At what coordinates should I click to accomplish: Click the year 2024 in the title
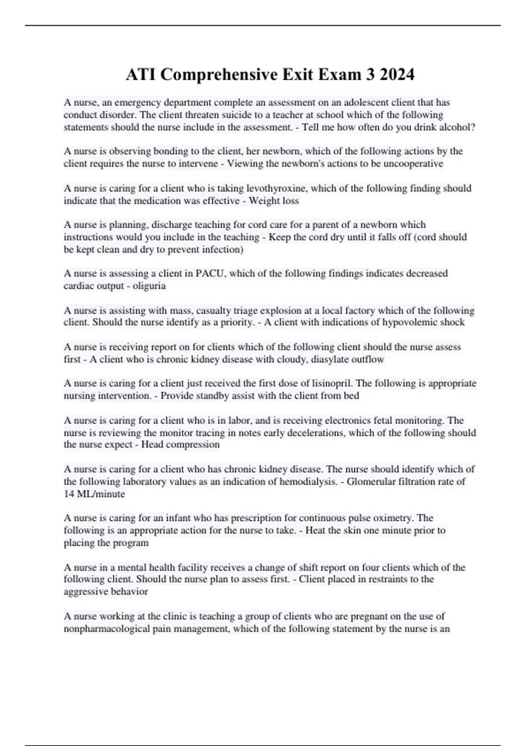[397, 75]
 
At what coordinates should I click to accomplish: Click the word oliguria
[149, 286]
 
